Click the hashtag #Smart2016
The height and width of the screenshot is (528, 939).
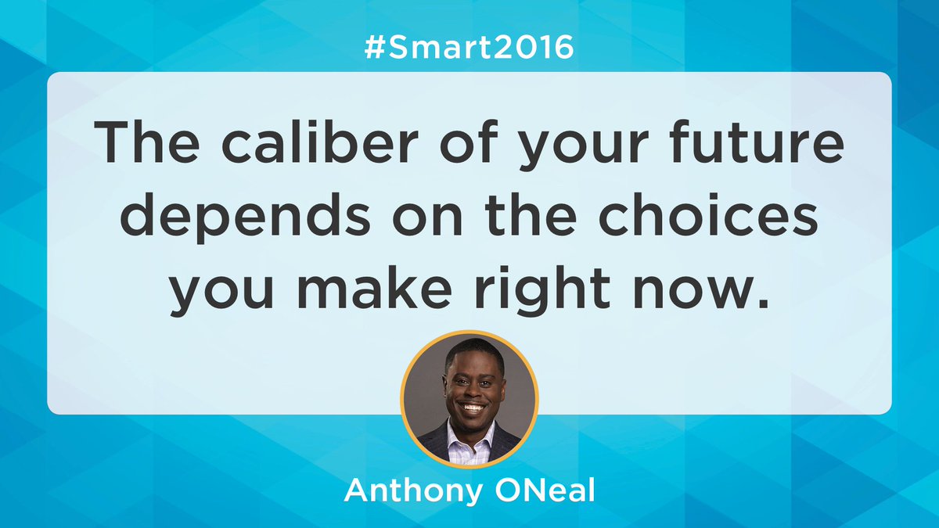[x=469, y=49]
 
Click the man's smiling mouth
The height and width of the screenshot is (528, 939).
[x=472, y=407]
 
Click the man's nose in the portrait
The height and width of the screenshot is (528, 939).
[x=473, y=388]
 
